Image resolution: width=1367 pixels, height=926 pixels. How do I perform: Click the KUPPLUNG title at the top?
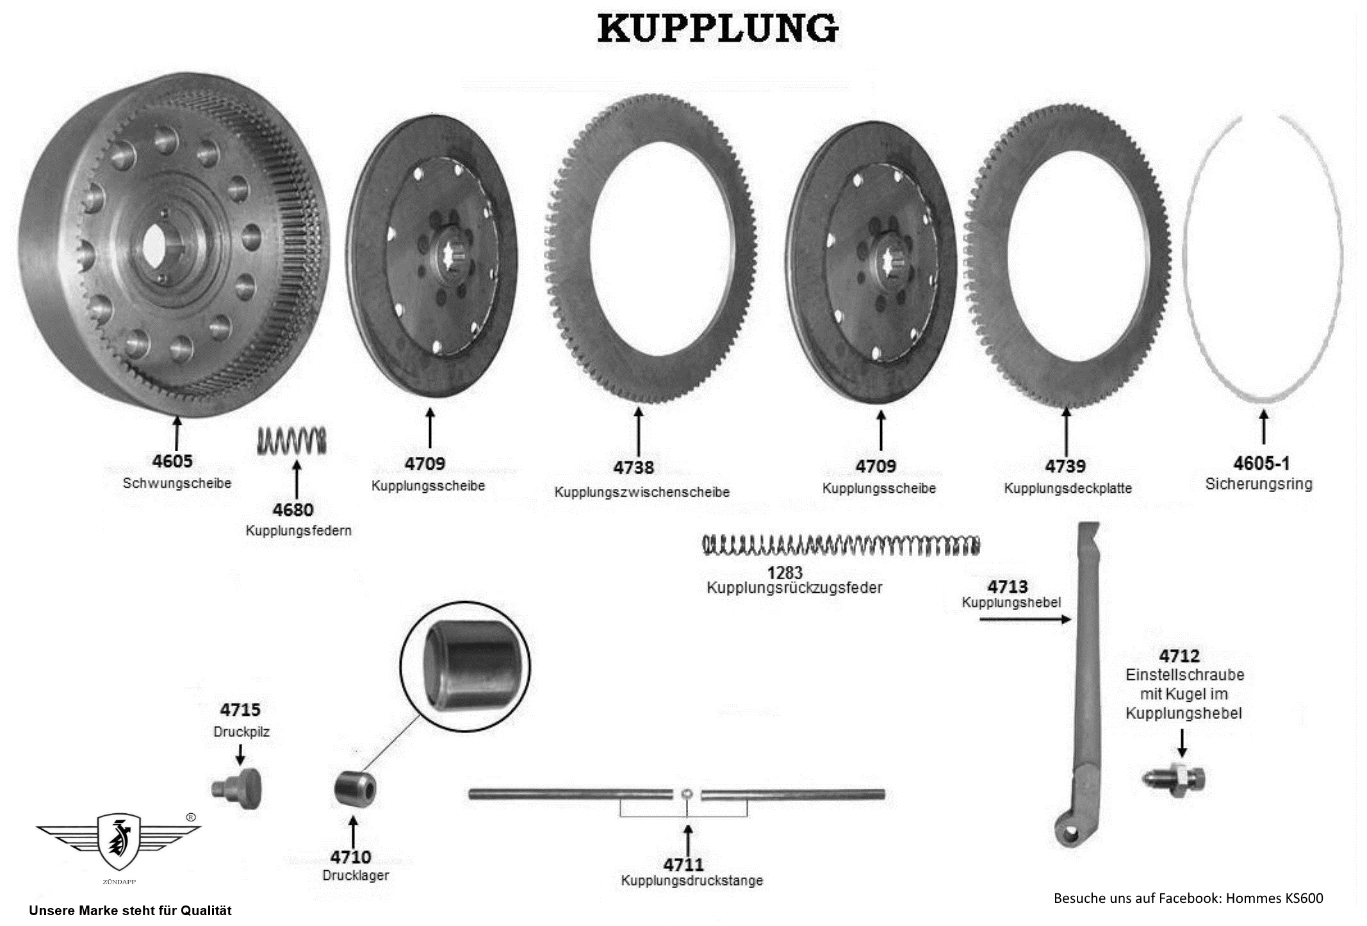pos(717,29)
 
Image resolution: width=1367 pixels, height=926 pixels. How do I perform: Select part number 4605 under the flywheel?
pos(172,461)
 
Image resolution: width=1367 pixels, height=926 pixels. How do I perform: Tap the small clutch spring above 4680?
pos(291,440)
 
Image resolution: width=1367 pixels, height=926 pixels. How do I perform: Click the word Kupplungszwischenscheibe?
pos(642,492)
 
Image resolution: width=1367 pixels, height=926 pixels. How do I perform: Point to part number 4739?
pos(1065,466)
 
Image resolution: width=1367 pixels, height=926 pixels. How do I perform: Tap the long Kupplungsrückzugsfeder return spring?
pos(841,545)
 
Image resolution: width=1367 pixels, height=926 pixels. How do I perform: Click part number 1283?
pos(785,572)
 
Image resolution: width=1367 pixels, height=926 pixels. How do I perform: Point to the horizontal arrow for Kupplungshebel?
pos(1025,619)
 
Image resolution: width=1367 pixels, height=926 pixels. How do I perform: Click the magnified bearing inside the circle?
pos(465,665)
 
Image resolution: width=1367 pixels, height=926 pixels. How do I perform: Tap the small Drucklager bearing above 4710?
pos(355,790)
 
